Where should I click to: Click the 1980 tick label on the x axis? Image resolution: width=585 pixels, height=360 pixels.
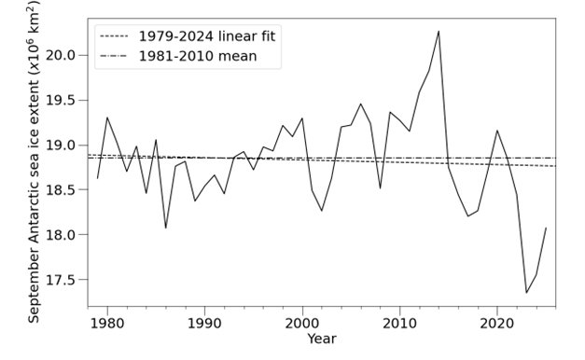point(107,322)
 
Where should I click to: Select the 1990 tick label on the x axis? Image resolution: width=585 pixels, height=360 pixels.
point(204,322)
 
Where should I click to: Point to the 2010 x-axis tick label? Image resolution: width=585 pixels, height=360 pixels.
point(399,322)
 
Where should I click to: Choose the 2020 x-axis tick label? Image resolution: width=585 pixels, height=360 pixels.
point(496,322)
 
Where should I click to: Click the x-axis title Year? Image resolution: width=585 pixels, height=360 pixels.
point(322,339)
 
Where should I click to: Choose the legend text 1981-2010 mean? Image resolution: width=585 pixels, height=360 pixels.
point(197,57)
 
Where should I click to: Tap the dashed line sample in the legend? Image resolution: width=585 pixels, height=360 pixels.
point(114,37)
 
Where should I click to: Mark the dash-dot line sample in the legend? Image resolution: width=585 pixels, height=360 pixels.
point(114,57)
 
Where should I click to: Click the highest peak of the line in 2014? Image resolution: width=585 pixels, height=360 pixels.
point(439,32)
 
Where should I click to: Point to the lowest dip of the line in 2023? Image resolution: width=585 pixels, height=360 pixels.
point(526,293)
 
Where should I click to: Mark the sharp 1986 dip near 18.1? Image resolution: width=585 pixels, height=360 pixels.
point(166,228)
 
